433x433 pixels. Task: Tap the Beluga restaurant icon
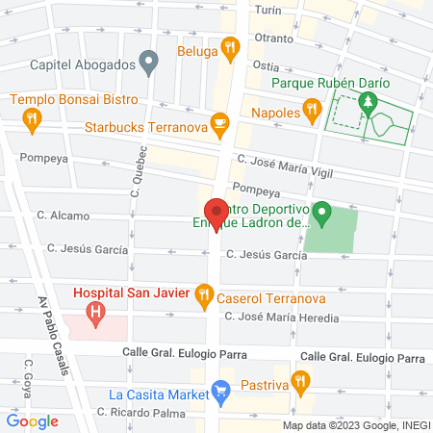[x=229, y=46]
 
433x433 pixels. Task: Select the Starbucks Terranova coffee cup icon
[x=220, y=123]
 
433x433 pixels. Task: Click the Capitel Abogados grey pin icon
[x=148, y=64]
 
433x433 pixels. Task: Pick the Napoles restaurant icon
[x=311, y=113]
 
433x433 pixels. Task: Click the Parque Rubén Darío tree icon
[x=366, y=101]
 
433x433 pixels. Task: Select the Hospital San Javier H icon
[x=95, y=312]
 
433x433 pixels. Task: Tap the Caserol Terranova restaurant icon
[x=203, y=295]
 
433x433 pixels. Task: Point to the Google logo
[x=32, y=420]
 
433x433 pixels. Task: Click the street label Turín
[x=267, y=9]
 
